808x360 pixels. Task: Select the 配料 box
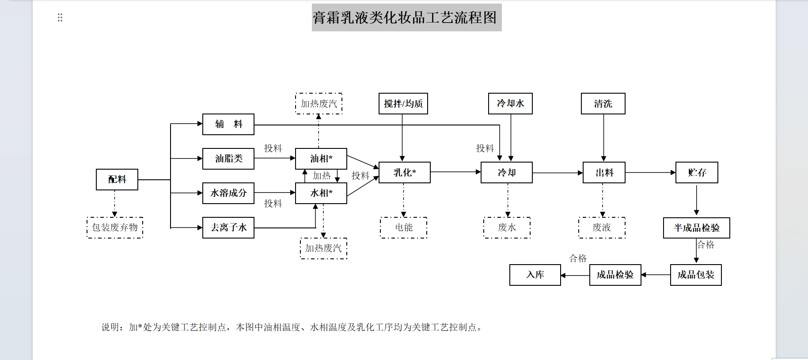[117, 179]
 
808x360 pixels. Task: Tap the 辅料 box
[228, 124]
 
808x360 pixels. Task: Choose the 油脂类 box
[228, 159]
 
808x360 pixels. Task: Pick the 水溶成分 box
[228, 193]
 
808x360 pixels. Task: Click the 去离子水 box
[228, 227]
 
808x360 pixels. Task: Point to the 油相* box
[321, 159]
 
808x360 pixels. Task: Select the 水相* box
[321, 193]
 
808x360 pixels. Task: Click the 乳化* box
[405, 172]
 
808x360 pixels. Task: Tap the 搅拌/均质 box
[403, 103]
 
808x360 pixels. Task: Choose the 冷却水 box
[510, 103]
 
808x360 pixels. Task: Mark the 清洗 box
[603, 103]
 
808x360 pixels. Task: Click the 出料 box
[604, 172]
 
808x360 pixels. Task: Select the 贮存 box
[697, 172]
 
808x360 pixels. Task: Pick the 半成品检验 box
[696, 228]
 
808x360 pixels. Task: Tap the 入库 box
[535, 275]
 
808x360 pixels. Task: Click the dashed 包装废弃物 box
[115, 227]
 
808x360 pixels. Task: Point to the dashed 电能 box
[404, 227]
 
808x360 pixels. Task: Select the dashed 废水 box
[507, 227]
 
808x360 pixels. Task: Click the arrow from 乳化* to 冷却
[455, 172]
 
